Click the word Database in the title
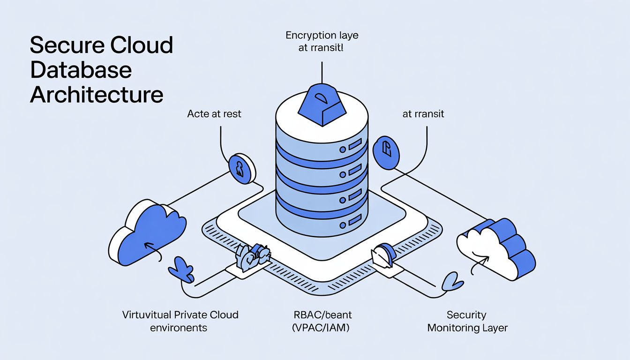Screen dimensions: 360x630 pos(81,70)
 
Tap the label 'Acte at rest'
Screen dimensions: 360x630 pos(214,113)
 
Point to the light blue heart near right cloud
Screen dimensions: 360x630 pos(453,281)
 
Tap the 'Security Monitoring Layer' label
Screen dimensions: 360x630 pos(467,321)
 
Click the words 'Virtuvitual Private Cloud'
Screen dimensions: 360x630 pos(180,315)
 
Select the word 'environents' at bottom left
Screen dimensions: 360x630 pos(179,327)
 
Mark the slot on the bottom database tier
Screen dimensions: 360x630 pos(354,218)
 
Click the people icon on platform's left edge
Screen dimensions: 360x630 pos(252,257)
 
